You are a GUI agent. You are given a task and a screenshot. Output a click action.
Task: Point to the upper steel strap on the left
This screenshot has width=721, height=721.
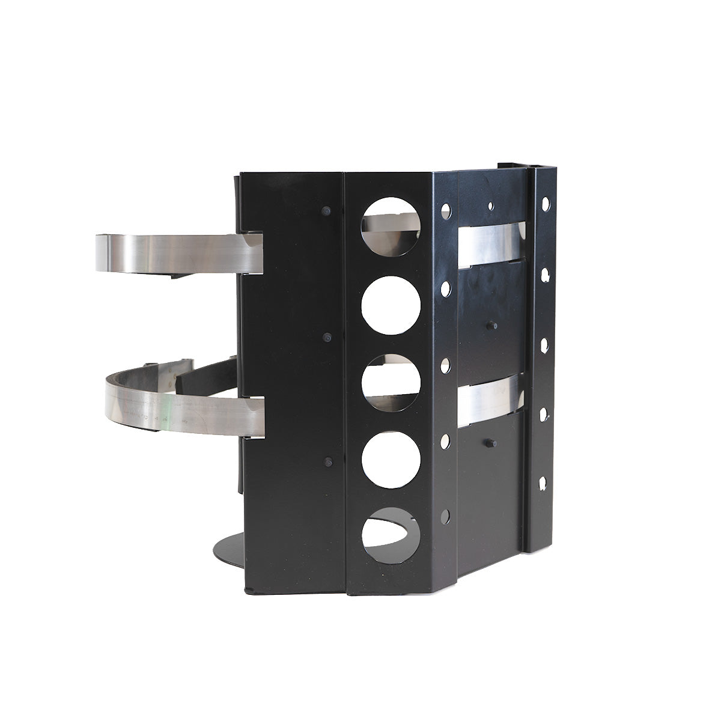[x=180, y=252]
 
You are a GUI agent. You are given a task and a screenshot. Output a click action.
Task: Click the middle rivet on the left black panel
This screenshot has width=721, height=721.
[x=326, y=338]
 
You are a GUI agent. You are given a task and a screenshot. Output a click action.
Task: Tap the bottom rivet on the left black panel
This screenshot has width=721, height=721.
[x=327, y=462]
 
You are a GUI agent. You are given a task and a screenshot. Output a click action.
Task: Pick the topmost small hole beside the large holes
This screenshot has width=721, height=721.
[x=446, y=210]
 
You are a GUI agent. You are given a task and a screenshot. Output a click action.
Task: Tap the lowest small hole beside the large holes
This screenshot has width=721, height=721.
[x=445, y=516]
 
